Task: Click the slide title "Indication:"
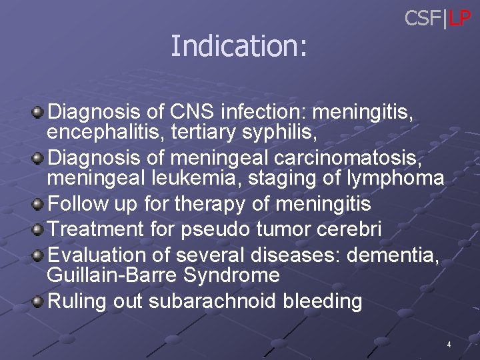(239, 46)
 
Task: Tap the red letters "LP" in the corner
(460, 19)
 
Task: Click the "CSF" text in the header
(423, 19)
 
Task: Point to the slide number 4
(449, 345)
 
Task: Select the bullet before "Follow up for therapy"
(39, 203)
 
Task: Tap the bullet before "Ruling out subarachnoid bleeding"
(39, 302)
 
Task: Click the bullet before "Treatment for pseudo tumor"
(39, 230)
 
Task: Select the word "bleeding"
(322, 301)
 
